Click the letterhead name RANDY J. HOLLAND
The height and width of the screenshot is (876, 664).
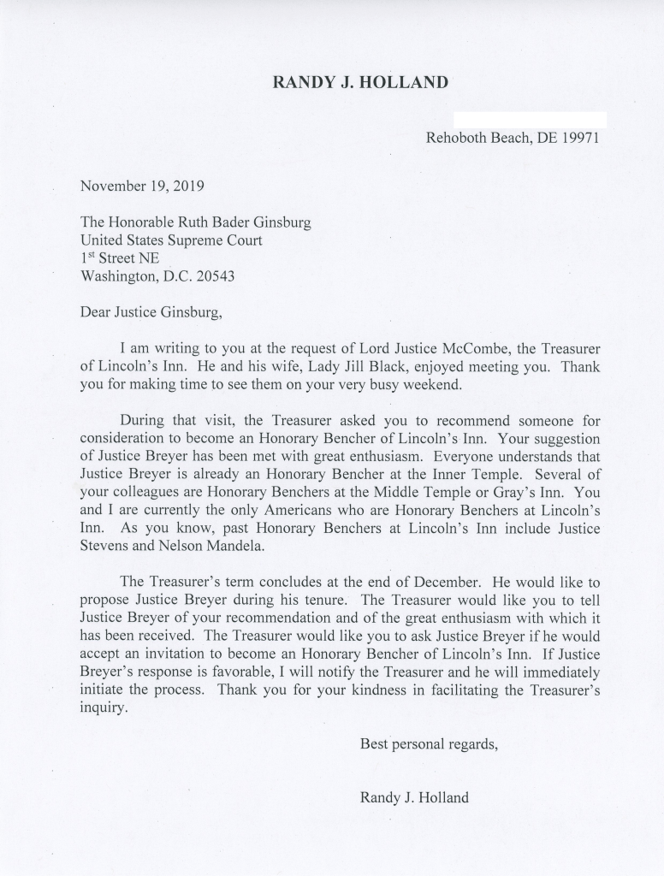[359, 83]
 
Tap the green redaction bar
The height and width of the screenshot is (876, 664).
[530, 120]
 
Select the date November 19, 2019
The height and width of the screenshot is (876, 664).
[142, 185]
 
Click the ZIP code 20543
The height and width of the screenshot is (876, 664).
[214, 276]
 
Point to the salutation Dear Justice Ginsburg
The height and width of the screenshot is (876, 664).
[151, 312]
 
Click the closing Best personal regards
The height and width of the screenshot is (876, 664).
[429, 744]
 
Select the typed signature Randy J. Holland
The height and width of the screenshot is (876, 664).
[414, 798]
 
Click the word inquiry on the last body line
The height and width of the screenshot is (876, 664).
[104, 709]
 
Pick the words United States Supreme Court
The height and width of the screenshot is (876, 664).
[171, 240]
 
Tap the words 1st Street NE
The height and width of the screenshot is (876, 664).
[119, 258]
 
